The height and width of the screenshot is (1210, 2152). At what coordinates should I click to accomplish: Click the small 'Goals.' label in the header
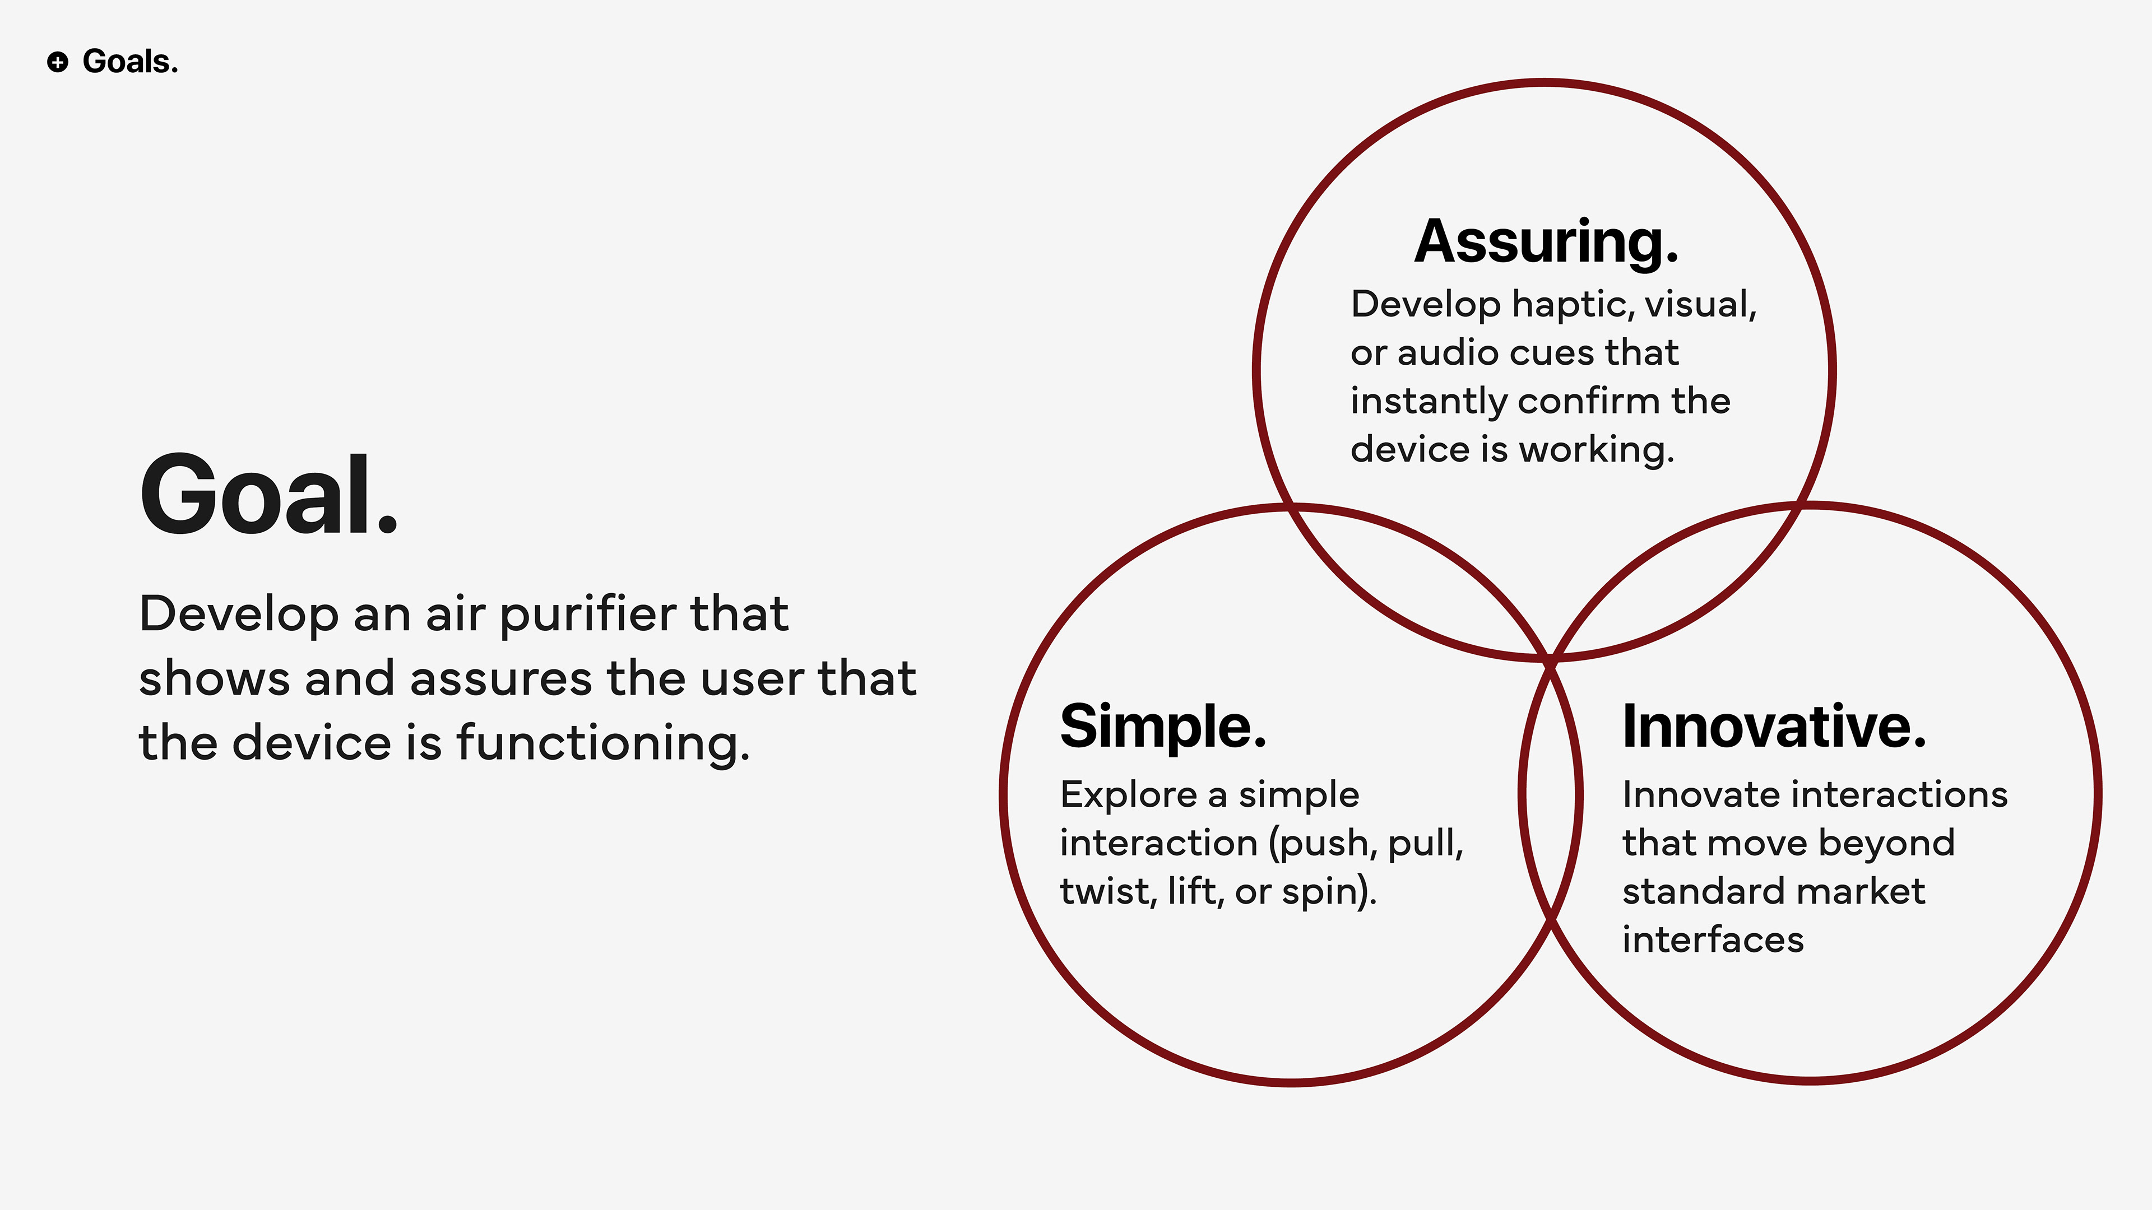tap(131, 62)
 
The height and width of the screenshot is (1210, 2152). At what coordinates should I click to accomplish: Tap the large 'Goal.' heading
tap(268, 494)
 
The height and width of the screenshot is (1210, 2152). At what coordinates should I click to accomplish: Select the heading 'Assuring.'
tap(1546, 242)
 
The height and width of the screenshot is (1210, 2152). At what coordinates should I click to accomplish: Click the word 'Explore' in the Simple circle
tap(1128, 795)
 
